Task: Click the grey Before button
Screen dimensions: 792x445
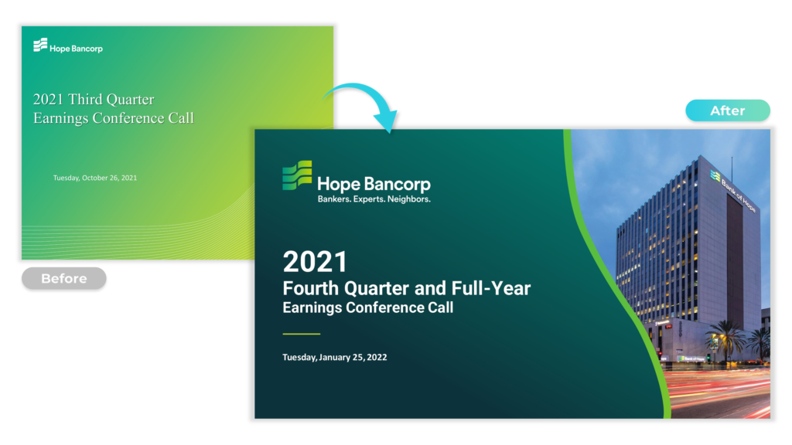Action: (63, 278)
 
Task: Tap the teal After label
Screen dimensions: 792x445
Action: (727, 110)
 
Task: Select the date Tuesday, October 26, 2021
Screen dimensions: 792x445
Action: (95, 178)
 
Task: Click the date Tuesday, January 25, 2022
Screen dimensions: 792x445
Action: (334, 357)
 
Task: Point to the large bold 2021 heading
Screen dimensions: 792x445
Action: (316, 262)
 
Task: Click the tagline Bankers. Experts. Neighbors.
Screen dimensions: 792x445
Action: (374, 199)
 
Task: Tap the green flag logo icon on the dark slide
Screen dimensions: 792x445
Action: (297, 175)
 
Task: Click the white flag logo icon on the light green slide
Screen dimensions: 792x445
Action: (40, 45)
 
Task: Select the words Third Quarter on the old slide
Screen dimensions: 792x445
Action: (111, 100)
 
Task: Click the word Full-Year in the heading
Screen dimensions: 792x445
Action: (491, 288)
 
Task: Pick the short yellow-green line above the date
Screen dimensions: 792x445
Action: (301, 334)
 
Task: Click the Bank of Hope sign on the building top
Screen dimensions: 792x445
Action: (733, 191)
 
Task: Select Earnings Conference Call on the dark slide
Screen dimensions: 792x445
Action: (367, 307)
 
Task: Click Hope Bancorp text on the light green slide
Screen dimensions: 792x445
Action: (76, 49)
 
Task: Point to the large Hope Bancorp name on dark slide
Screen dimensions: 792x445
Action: (374, 184)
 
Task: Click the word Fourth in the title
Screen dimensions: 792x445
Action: (311, 288)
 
